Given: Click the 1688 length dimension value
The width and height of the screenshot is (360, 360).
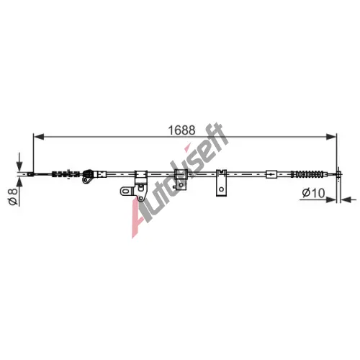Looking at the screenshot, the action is pyautogui.click(x=181, y=130).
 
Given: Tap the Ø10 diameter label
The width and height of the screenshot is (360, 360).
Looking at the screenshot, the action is pyautogui.click(x=313, y=193).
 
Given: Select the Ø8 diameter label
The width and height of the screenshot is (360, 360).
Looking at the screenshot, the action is pyautogui.click(x=13, y=197).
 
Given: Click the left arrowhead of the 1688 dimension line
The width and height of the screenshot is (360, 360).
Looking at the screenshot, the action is pyautogui.click(x=39, y=137).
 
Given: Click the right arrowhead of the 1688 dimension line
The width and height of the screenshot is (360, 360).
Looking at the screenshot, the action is pyautogui.click(x=331, y=137).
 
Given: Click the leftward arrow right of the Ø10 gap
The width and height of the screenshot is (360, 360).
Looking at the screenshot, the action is pyautogui.click(x=348, y=199).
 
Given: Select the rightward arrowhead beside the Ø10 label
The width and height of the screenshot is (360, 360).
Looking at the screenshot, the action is pyautogui.click(x=330, y=199).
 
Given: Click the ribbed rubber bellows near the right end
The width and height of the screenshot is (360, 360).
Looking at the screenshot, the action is pyautogui.click(x=308, y=174).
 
